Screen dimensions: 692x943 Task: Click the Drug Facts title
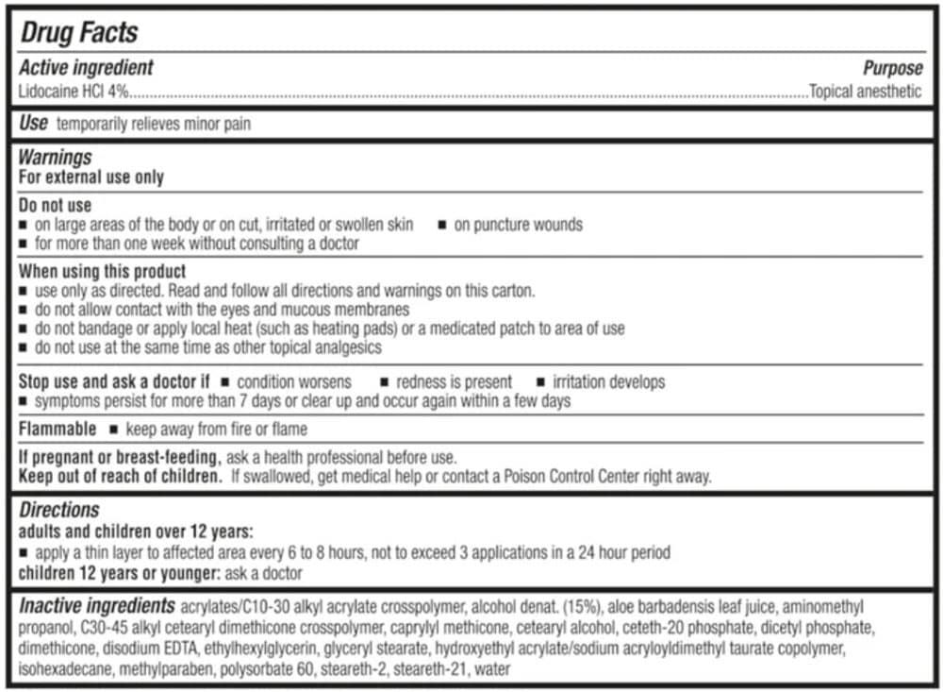(79, 33)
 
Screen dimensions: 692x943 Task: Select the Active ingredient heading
(86, 68)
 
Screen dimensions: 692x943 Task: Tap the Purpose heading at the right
(892, 69)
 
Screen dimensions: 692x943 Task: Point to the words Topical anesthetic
(865, 93)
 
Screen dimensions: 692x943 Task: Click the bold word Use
(33, 124)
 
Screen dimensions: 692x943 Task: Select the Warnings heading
(55, 158)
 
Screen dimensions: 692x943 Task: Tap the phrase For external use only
(91, 177)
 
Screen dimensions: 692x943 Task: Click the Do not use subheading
(55, 205)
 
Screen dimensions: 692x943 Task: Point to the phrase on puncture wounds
(518, 225)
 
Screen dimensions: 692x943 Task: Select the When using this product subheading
(102, 272)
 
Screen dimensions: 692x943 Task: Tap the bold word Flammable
(58, 430)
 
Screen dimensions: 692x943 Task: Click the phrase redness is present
(454, 382)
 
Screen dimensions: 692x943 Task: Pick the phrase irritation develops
(608, 382)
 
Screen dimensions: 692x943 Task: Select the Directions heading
(58, 511)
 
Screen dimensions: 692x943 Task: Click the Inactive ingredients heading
(96, 606)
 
